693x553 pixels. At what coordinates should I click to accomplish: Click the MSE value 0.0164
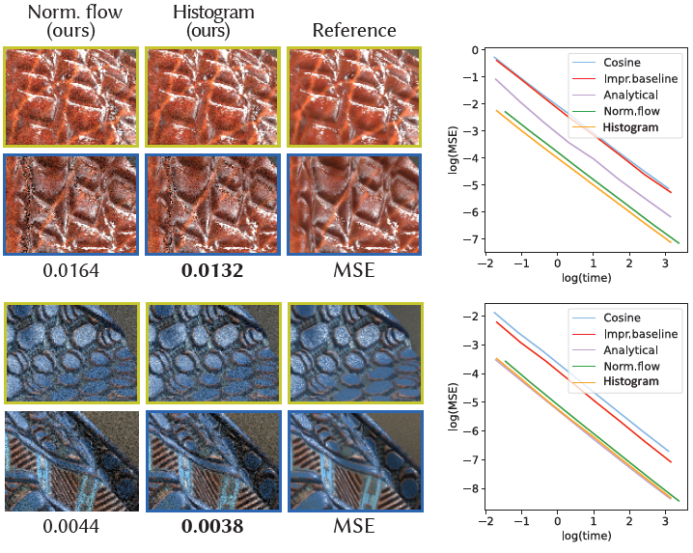70,272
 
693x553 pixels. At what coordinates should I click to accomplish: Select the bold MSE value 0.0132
212,272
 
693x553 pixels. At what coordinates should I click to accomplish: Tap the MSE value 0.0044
70,527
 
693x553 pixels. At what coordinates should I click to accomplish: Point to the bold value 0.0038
212,527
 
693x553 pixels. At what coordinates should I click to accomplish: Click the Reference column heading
354,31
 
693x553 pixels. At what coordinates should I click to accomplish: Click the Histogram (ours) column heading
212,21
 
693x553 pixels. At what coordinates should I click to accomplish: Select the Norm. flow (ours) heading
70,21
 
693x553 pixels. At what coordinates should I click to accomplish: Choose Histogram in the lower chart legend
630,382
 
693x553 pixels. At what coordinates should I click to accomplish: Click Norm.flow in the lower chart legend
633,366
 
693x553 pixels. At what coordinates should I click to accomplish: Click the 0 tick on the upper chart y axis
475,50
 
